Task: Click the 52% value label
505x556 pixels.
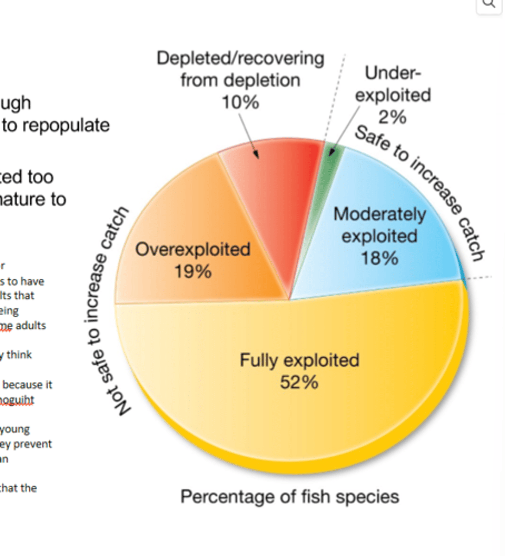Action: tap(299, 382)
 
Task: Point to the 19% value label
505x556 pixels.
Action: tap(193, 271)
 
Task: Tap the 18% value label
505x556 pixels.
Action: tap(379, 258)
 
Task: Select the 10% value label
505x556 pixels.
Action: tap(240, 102)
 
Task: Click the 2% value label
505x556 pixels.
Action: tap(392, 117)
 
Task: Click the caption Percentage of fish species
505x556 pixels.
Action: tap(290, 497)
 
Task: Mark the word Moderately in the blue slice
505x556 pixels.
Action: tap(379, 215)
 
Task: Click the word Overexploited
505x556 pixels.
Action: tap(193, 249)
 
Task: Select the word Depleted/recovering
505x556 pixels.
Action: tap(240, 59)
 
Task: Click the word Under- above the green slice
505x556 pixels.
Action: tap(393, 73)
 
